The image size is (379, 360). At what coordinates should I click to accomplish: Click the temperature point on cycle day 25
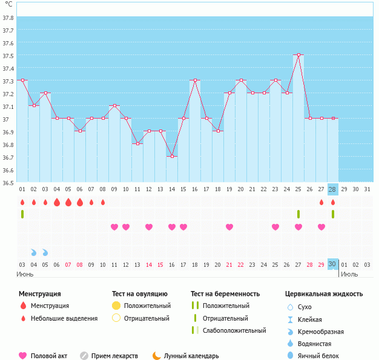[298, 54]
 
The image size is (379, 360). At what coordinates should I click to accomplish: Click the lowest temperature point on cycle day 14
[172, 157]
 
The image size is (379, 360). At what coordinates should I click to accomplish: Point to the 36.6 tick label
[8, 171]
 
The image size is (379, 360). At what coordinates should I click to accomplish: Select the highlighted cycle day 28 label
[332, 189]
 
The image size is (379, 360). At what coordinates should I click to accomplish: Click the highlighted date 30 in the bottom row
[332, 264]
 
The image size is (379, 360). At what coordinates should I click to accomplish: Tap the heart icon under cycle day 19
[229, 227]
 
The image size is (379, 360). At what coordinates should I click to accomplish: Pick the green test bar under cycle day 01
[22, 214]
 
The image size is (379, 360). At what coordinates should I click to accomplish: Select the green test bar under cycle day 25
[298, 214]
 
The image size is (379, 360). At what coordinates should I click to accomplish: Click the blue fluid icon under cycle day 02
[34, 252]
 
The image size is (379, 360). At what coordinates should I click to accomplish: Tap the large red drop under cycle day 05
[68, 202]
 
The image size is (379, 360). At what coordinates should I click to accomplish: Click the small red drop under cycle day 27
[321, 202]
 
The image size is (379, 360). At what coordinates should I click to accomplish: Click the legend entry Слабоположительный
[235, 330]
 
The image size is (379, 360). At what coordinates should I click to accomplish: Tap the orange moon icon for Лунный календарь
[157, 356]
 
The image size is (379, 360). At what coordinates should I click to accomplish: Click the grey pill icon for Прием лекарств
[84, 356]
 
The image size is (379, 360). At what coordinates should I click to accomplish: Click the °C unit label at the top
[8, 5]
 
